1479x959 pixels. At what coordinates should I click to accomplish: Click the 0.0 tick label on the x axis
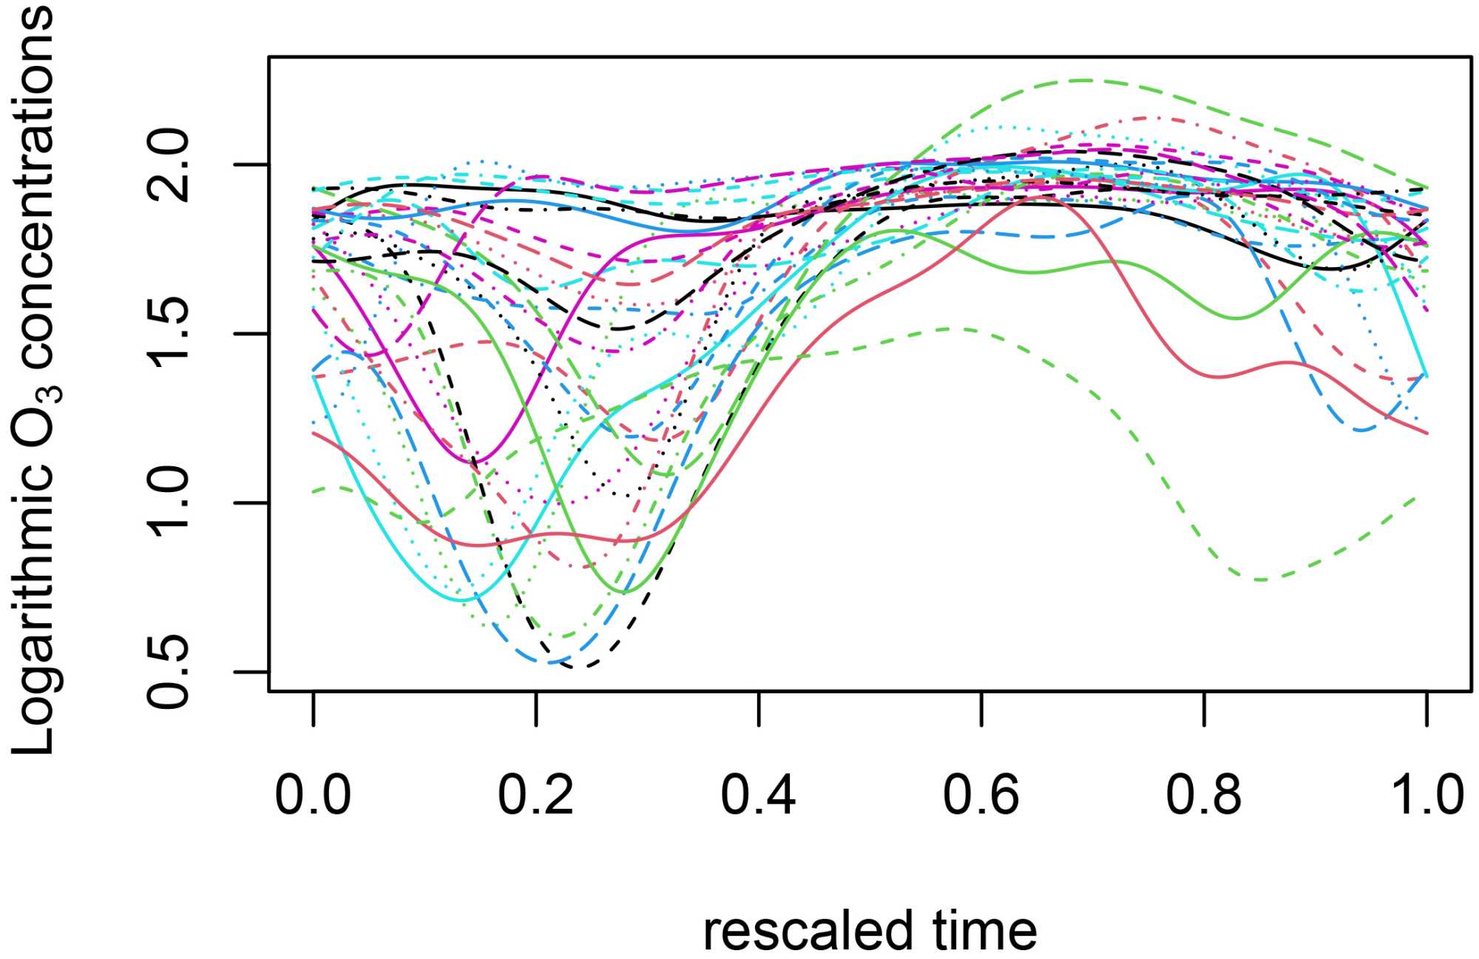[313, 795]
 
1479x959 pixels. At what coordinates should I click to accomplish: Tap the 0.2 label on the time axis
[535, 795]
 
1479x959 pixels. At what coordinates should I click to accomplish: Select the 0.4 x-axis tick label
[758, 795]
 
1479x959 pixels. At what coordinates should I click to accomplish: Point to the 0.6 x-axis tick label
[981, 795]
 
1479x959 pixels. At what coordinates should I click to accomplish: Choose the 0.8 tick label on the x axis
[1203, 795]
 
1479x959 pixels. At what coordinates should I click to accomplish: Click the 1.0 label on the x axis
[1426, 795]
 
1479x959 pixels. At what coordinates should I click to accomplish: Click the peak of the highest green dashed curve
[1083, 80]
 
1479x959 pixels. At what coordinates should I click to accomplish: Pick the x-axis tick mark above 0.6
[981, 708]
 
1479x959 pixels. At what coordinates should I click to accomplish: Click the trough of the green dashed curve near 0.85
[1261, 579]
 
